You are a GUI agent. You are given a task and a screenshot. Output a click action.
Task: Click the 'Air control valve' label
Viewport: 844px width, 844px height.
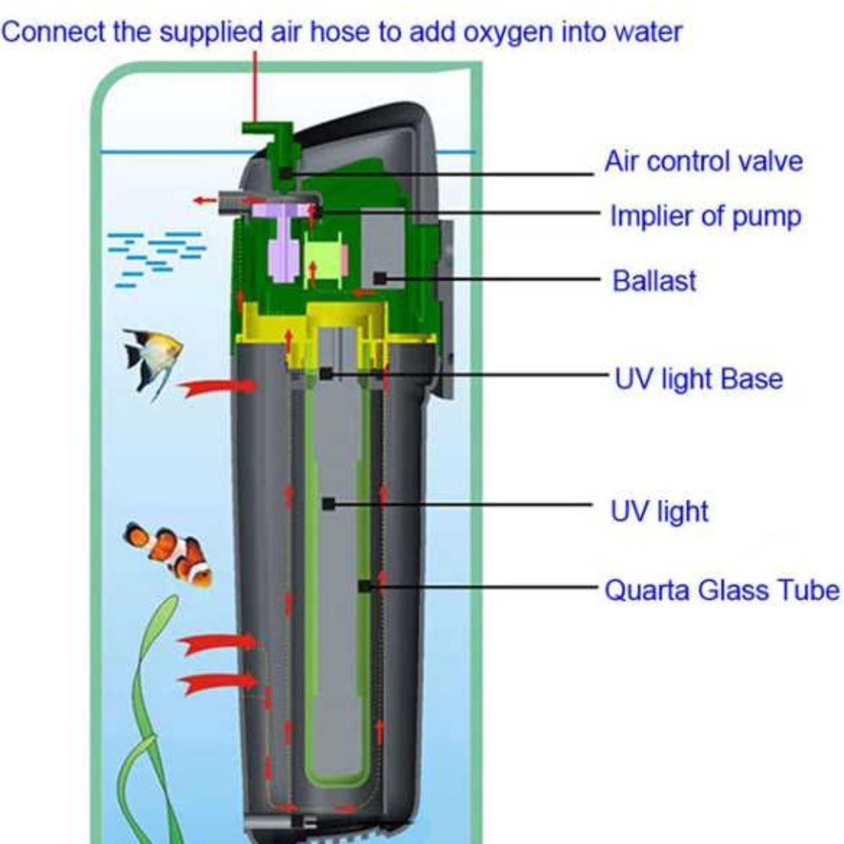[x=703, y=162]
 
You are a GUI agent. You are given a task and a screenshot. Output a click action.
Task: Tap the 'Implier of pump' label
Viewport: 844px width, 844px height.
[x=705, y=217]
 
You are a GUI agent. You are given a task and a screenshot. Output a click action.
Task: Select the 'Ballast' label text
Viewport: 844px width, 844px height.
[x=654, y=280]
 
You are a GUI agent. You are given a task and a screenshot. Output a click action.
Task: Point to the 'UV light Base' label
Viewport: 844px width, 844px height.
[x=697, y=379]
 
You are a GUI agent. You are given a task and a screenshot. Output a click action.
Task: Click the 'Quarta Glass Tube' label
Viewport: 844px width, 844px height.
[x=722, y=589]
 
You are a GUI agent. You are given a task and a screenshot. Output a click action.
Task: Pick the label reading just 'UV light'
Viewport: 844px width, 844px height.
[x=659, y=511]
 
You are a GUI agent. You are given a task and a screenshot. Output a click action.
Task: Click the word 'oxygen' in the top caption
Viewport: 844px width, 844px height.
[x=484, y=34]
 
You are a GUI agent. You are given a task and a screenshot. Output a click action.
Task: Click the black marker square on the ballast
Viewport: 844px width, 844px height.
[x=381, y=277]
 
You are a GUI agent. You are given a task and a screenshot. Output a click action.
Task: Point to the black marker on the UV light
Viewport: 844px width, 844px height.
[x=327, y=504]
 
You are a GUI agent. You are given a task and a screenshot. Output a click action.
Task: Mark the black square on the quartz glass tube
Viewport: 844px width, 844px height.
[x=364, y=585]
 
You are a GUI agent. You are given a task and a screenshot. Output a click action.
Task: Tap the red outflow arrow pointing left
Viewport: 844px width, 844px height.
[x=203, y=201]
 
